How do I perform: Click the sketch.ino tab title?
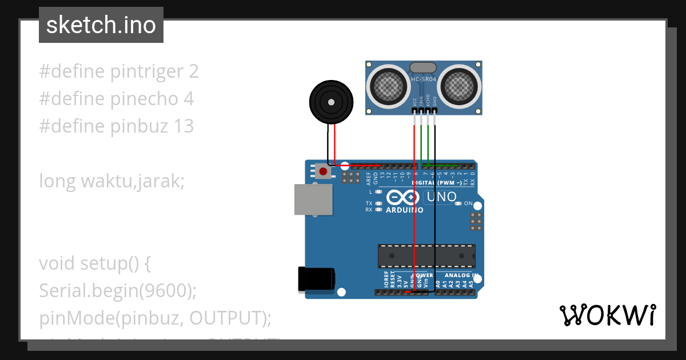[x=101, y=25]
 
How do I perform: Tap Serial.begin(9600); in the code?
[x=118, y=291]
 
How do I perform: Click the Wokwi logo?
[x=607, y=315]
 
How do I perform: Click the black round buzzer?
[x=330, y=102]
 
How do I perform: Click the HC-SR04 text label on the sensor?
[x=424, y=79]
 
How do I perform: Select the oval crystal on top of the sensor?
[x=424, y=67]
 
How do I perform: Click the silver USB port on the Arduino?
[x=312, y=199]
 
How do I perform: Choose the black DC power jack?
[x=315, y=279]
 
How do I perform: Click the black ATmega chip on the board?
[x=426, y=255]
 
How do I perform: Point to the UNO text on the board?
[x=441, y=197]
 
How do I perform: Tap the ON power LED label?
[x=468, y=203]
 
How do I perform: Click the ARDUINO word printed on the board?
[x=405, y=210]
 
